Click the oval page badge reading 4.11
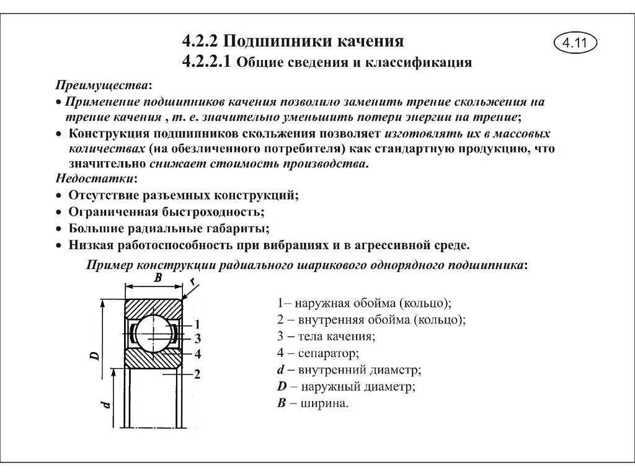tap(574, 43)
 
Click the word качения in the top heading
tap(371, 42)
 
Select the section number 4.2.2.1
tap(206, 62)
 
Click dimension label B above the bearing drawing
tap(158, 279)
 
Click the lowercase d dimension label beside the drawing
tap(107, 404)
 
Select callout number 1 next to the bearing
tap(197, 324)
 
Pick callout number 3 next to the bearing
tap(197, 338)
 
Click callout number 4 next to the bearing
tap(197, 354)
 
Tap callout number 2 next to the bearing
tap(197, 374)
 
